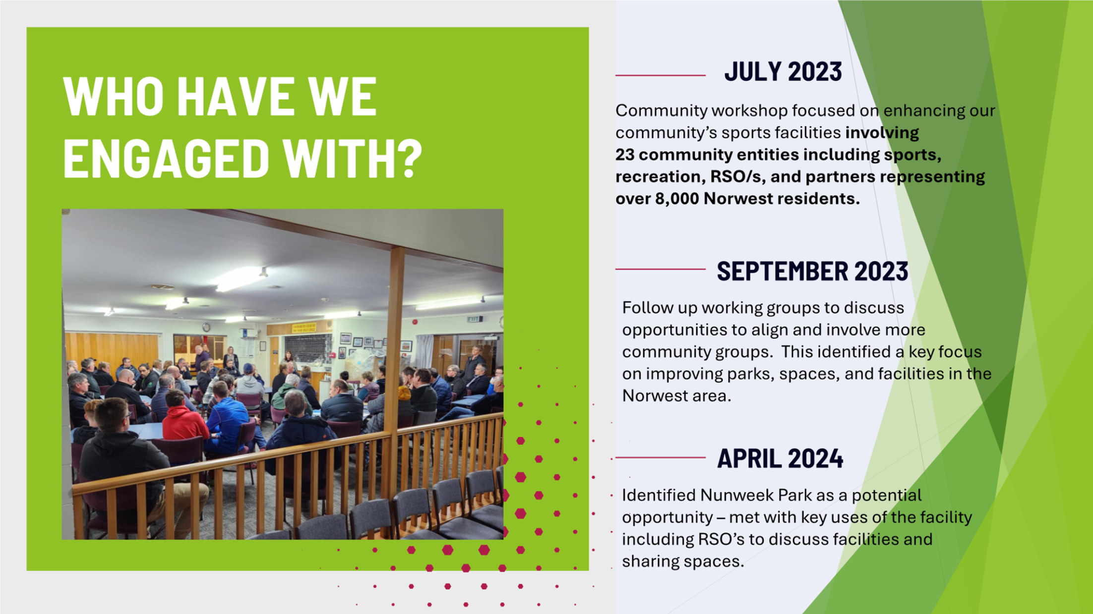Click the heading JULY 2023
click(783, 72)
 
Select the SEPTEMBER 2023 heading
click(812, 271)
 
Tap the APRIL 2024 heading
click(780, 458)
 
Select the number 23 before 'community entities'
click(625, 155)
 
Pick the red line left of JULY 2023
click(661, 75)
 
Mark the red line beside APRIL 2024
click(661, 457)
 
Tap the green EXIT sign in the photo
click(474, 319)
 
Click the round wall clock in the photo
click(206, 327)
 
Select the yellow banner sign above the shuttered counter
click(304, 328)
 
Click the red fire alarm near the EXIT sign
click(415, 322)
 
